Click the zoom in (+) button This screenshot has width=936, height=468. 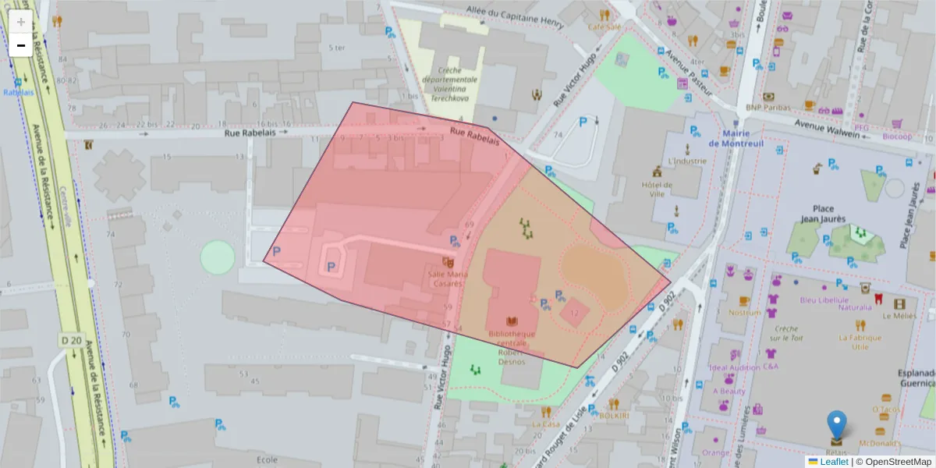(21, 22)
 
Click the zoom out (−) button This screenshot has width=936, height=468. (21, 45)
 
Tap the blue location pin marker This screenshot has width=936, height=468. (836, 425)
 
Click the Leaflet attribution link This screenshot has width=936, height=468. (833, 462)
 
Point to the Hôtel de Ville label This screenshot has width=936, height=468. (657, 190)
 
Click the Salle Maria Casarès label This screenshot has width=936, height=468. (447, 278)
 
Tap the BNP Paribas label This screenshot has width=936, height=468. (768, 108)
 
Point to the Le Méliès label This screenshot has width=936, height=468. (899, 316)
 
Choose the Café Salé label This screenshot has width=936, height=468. (604, 27)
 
